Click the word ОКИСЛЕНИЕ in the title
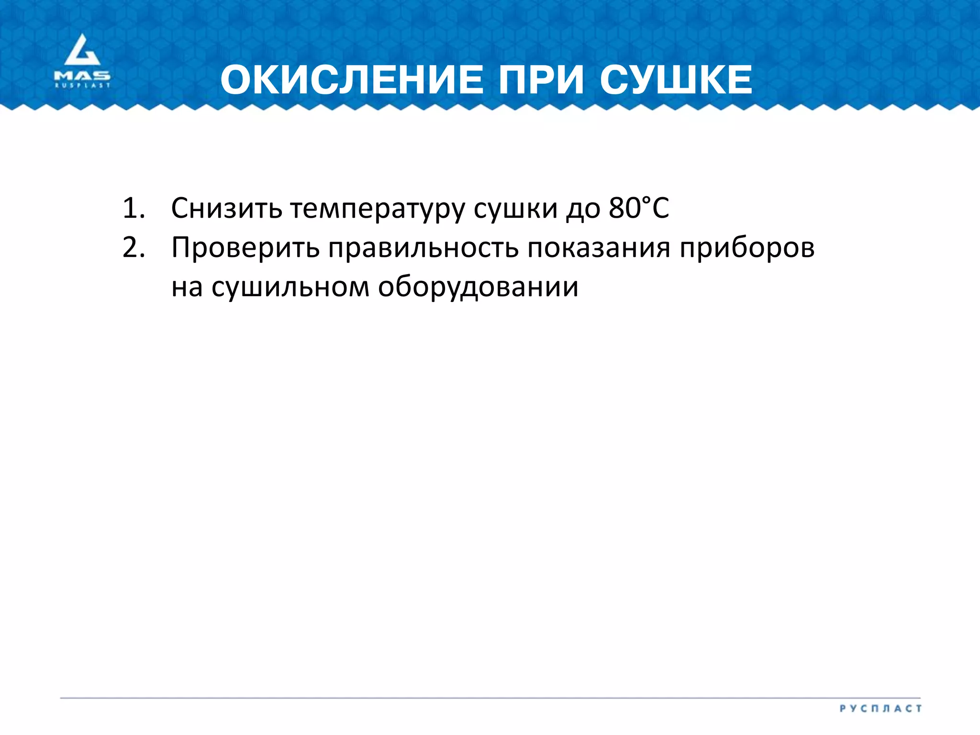tap(352, 80)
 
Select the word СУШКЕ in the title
tap(676, 80)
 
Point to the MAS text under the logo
tap(82, 76)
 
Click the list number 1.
tap(133, 209)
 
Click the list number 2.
tap(133, 248)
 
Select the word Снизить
tap(226, 209)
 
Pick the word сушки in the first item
tap(515, 209)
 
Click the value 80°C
tap(639, 208)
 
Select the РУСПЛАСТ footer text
tap(880, 709)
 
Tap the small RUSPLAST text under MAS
tap(82, 86)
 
